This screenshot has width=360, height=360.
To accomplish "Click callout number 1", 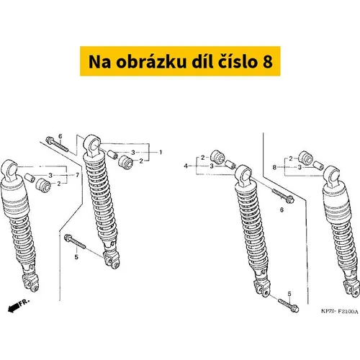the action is [x=161, y=152].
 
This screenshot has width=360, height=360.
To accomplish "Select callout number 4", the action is [x=186, y=166].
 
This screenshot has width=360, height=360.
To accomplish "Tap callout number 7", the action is [x=77, y=175].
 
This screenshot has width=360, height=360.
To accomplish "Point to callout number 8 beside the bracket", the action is [x=274, y=167].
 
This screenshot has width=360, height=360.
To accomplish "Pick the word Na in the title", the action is [x=99, y=61].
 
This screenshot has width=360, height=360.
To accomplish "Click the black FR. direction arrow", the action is [x=14, y=308].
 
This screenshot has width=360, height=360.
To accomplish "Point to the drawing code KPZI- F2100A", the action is [x=339, y=312].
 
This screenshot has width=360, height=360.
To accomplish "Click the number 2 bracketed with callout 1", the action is [x=141, y=161].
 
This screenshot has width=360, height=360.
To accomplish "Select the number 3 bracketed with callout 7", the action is [x=50, y=176].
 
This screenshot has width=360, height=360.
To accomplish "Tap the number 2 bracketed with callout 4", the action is [x=203, y=158].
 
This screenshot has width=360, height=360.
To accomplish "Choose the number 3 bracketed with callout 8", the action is [x=300, y=167].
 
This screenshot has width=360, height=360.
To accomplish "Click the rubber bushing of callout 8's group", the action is [x=305, y=157].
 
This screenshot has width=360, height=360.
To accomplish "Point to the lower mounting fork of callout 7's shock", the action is [x=30, y=283].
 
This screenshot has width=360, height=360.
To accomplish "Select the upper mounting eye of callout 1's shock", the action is [x=92, y=145].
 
